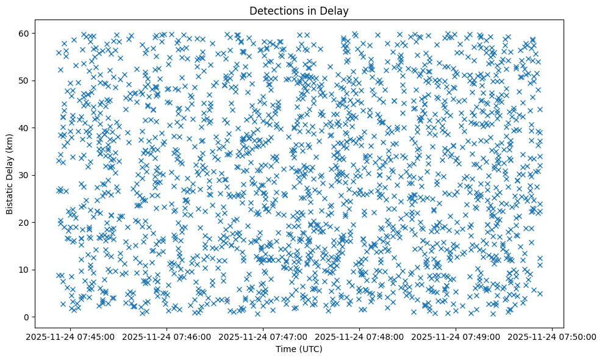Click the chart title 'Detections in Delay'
(299, 10)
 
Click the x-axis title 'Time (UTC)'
(299, 349)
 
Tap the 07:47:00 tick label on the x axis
(263, 336)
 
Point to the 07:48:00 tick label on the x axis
(360, 336)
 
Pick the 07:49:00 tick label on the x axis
(456, 336)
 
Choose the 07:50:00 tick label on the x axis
(553, 336)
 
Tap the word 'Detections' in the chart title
(273, 10)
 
